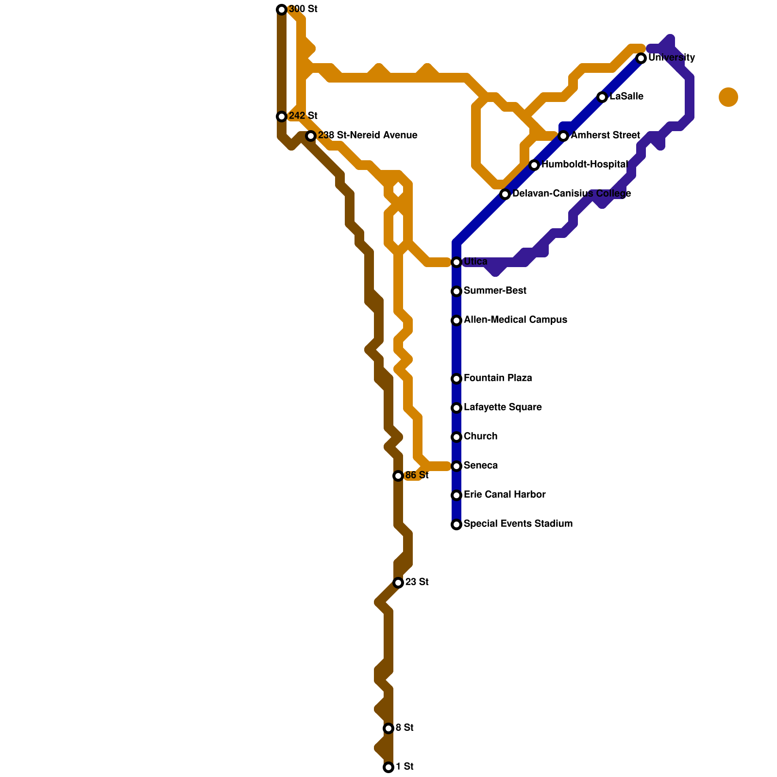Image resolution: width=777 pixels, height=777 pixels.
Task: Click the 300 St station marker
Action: [x=282, y=10]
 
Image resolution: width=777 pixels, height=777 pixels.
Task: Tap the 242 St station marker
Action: [x=282, y=117]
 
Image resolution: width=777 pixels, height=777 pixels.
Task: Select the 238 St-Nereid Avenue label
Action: [x=368, y=135]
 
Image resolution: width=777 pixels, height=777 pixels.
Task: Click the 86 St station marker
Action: [x=398, y=476]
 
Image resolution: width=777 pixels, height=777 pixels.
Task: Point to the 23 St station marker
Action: [x=398, y=582]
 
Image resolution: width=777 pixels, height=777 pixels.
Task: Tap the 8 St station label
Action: [x=405, y=728]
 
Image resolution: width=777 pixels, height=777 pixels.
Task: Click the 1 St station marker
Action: [x=388, y=767]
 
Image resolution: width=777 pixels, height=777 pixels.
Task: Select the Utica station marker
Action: [x=456, y=262]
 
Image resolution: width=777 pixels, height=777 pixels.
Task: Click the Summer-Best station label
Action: [x=495, y=291]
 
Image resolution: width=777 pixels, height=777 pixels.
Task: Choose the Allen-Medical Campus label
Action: [x=515, y=320]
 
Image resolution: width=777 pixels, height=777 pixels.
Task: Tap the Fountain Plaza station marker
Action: [x=456, y=379]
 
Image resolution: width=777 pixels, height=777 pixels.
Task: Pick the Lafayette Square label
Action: [x=503, y=407]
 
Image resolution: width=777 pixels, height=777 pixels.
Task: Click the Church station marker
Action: [x=456, y=437]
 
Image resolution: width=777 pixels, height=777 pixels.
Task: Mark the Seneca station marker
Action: [x=456, y=466]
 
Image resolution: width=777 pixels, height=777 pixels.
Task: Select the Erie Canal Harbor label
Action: [x=505, y=495]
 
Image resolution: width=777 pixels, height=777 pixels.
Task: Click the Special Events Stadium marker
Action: [x=456, y=524]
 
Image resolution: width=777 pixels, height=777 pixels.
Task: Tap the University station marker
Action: [x=641, y=58]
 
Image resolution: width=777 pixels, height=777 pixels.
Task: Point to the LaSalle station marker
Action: [x=602, y=97]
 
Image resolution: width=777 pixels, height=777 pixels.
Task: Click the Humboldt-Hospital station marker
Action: [x=534, y=165]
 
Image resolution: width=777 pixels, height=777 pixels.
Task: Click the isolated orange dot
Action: [x=728, y=97]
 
